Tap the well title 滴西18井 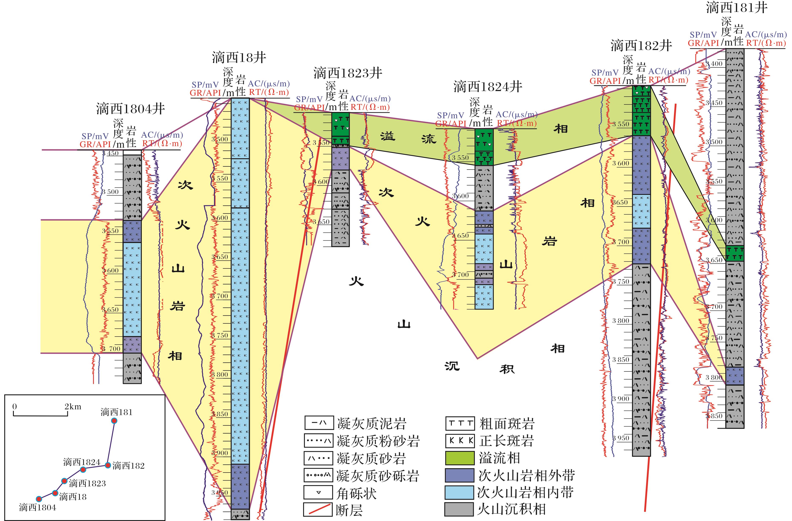tap(239, 57)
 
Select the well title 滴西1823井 tap(347, 73)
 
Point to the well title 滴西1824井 tap(488, 87)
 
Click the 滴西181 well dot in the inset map tap(114, 421)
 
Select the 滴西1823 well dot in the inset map tap(65, 481)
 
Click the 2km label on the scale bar tap(73, 407)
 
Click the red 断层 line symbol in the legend tap(318, 510)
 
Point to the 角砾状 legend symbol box tap(318, 492)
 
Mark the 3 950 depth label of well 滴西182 tap(621, 438)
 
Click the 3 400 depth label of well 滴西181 tap(714, 64)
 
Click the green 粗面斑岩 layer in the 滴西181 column tap(735, 254)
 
